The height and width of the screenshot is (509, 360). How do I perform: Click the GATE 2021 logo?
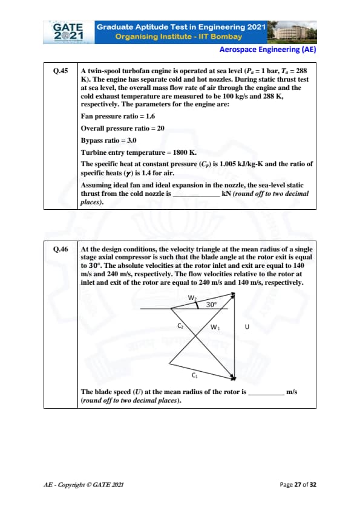pos(68,32)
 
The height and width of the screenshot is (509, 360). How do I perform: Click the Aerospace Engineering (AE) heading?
pos(267,50)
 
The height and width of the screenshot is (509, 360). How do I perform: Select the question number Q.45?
pos(61,71)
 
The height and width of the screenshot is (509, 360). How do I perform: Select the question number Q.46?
pos(61,249)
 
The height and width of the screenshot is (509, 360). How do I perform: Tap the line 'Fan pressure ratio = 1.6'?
pos(118,116)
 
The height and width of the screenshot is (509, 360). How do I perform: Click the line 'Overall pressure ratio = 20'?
pos(123,128)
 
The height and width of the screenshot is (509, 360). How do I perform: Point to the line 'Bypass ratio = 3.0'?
pos(108,140)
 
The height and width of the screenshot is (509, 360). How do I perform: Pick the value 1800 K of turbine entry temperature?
pos(185,152)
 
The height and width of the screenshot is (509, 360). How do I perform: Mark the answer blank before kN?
pos(197,196)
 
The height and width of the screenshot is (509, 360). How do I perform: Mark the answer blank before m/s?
pos(266,394)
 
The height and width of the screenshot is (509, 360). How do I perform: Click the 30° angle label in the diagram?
pos(211,305)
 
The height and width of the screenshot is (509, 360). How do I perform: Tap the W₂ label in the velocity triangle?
pos(192,297)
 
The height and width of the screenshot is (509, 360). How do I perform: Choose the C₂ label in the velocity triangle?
pos(181,326)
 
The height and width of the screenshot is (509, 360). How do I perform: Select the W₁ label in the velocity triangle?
pos(215,327)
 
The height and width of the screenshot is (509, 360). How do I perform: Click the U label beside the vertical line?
pos(247,326)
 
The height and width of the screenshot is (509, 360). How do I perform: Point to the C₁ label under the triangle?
pos(194,375)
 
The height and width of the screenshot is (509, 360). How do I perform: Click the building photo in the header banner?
pos(292,32)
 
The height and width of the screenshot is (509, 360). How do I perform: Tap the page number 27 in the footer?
pos(298,485)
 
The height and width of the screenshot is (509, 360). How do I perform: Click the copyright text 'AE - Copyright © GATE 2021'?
pos(83,485)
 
